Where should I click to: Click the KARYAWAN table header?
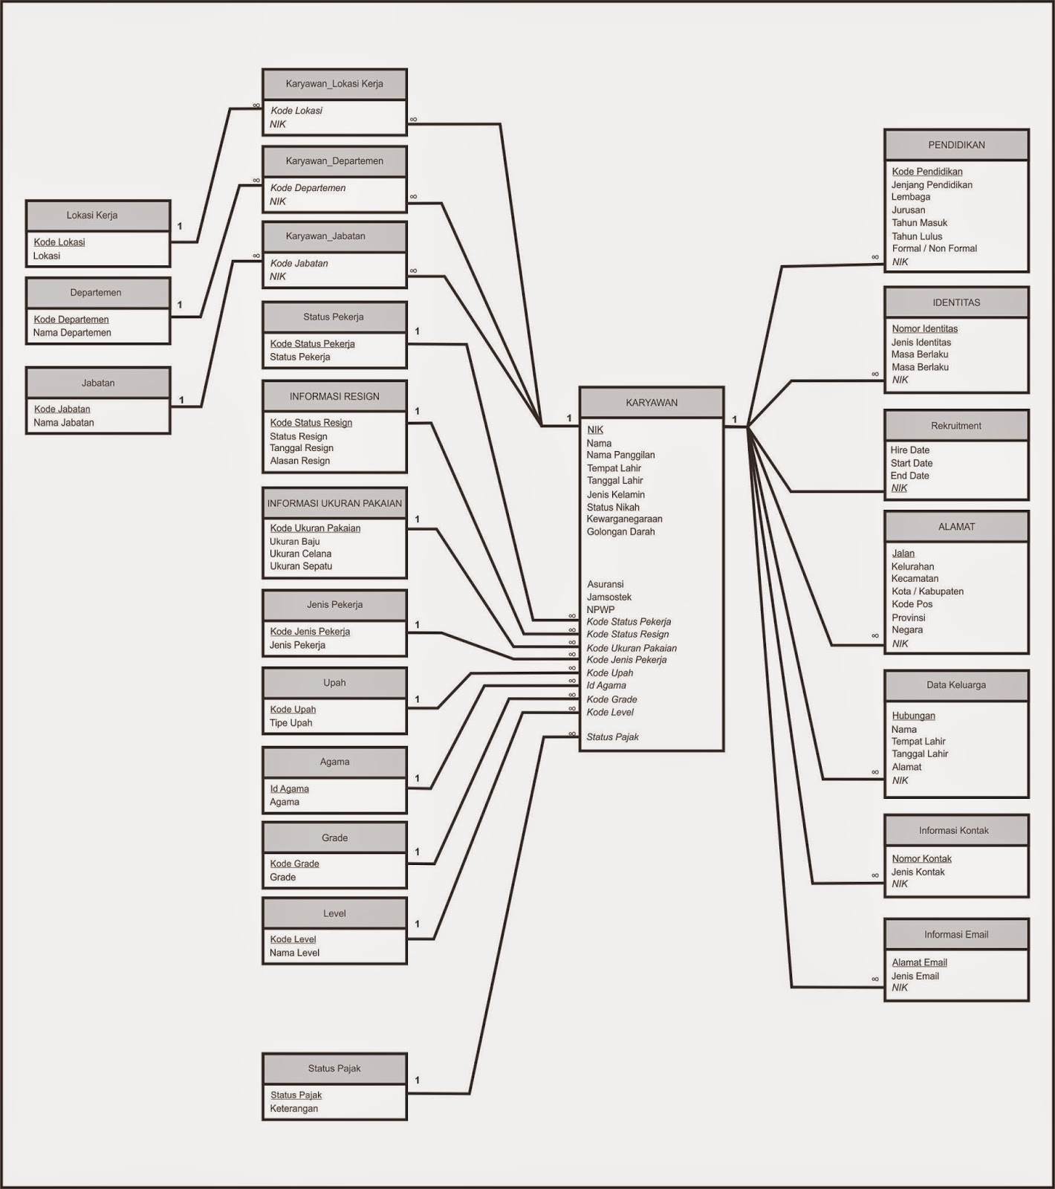coord(652,403)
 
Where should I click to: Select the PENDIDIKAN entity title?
coord(956,145)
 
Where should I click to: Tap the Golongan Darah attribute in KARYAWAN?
coord(620,532)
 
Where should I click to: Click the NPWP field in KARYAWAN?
coord(600,609)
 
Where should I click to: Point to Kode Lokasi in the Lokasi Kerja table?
coord(59,242)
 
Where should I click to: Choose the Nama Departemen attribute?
coord(72,333)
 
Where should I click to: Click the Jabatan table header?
coord(98,383)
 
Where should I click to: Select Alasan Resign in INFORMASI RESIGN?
coord(299,461)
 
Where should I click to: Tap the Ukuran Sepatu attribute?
coord(301,566)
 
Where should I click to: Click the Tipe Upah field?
coord(290,723)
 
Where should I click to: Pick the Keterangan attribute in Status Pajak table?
coord(293,1109)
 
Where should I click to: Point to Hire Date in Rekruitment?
coord(910,450)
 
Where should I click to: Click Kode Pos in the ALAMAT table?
coord(912,604)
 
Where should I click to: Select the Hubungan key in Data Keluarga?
coord(913,716)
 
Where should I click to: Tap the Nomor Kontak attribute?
coord(921,859)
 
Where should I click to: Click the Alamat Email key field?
coord(919,963)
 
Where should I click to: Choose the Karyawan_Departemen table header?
coord(334,161)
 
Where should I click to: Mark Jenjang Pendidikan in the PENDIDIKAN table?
coord(932,185)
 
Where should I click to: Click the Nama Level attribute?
coord(294,953)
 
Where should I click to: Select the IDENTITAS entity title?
coord(956,303)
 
